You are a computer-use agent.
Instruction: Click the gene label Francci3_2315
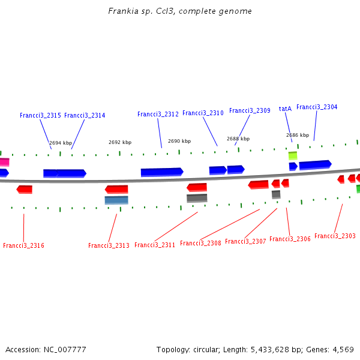point(40,115)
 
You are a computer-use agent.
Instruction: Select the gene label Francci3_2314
point(85,115)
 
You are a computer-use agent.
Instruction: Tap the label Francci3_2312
point(158,114)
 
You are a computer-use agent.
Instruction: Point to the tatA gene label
point(285,109)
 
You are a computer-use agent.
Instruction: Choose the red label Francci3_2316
point(23,245)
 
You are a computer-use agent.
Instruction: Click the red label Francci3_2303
point(335,236)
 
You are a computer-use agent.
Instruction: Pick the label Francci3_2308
point(200,243)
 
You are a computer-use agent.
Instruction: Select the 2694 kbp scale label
point(61,143)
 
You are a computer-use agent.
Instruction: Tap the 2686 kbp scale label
point(298,135)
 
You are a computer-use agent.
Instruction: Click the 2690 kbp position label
point(179,141)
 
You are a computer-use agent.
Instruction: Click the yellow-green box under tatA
point(293,155)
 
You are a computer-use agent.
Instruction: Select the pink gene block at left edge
point(4,162)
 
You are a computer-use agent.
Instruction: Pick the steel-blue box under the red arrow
point(116,200)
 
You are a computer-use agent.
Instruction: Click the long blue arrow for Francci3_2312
point(161,172)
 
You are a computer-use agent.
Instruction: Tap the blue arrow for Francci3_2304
point(315,164)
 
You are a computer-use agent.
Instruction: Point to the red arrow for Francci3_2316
point(25,189)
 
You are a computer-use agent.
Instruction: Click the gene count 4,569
point(341,349)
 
